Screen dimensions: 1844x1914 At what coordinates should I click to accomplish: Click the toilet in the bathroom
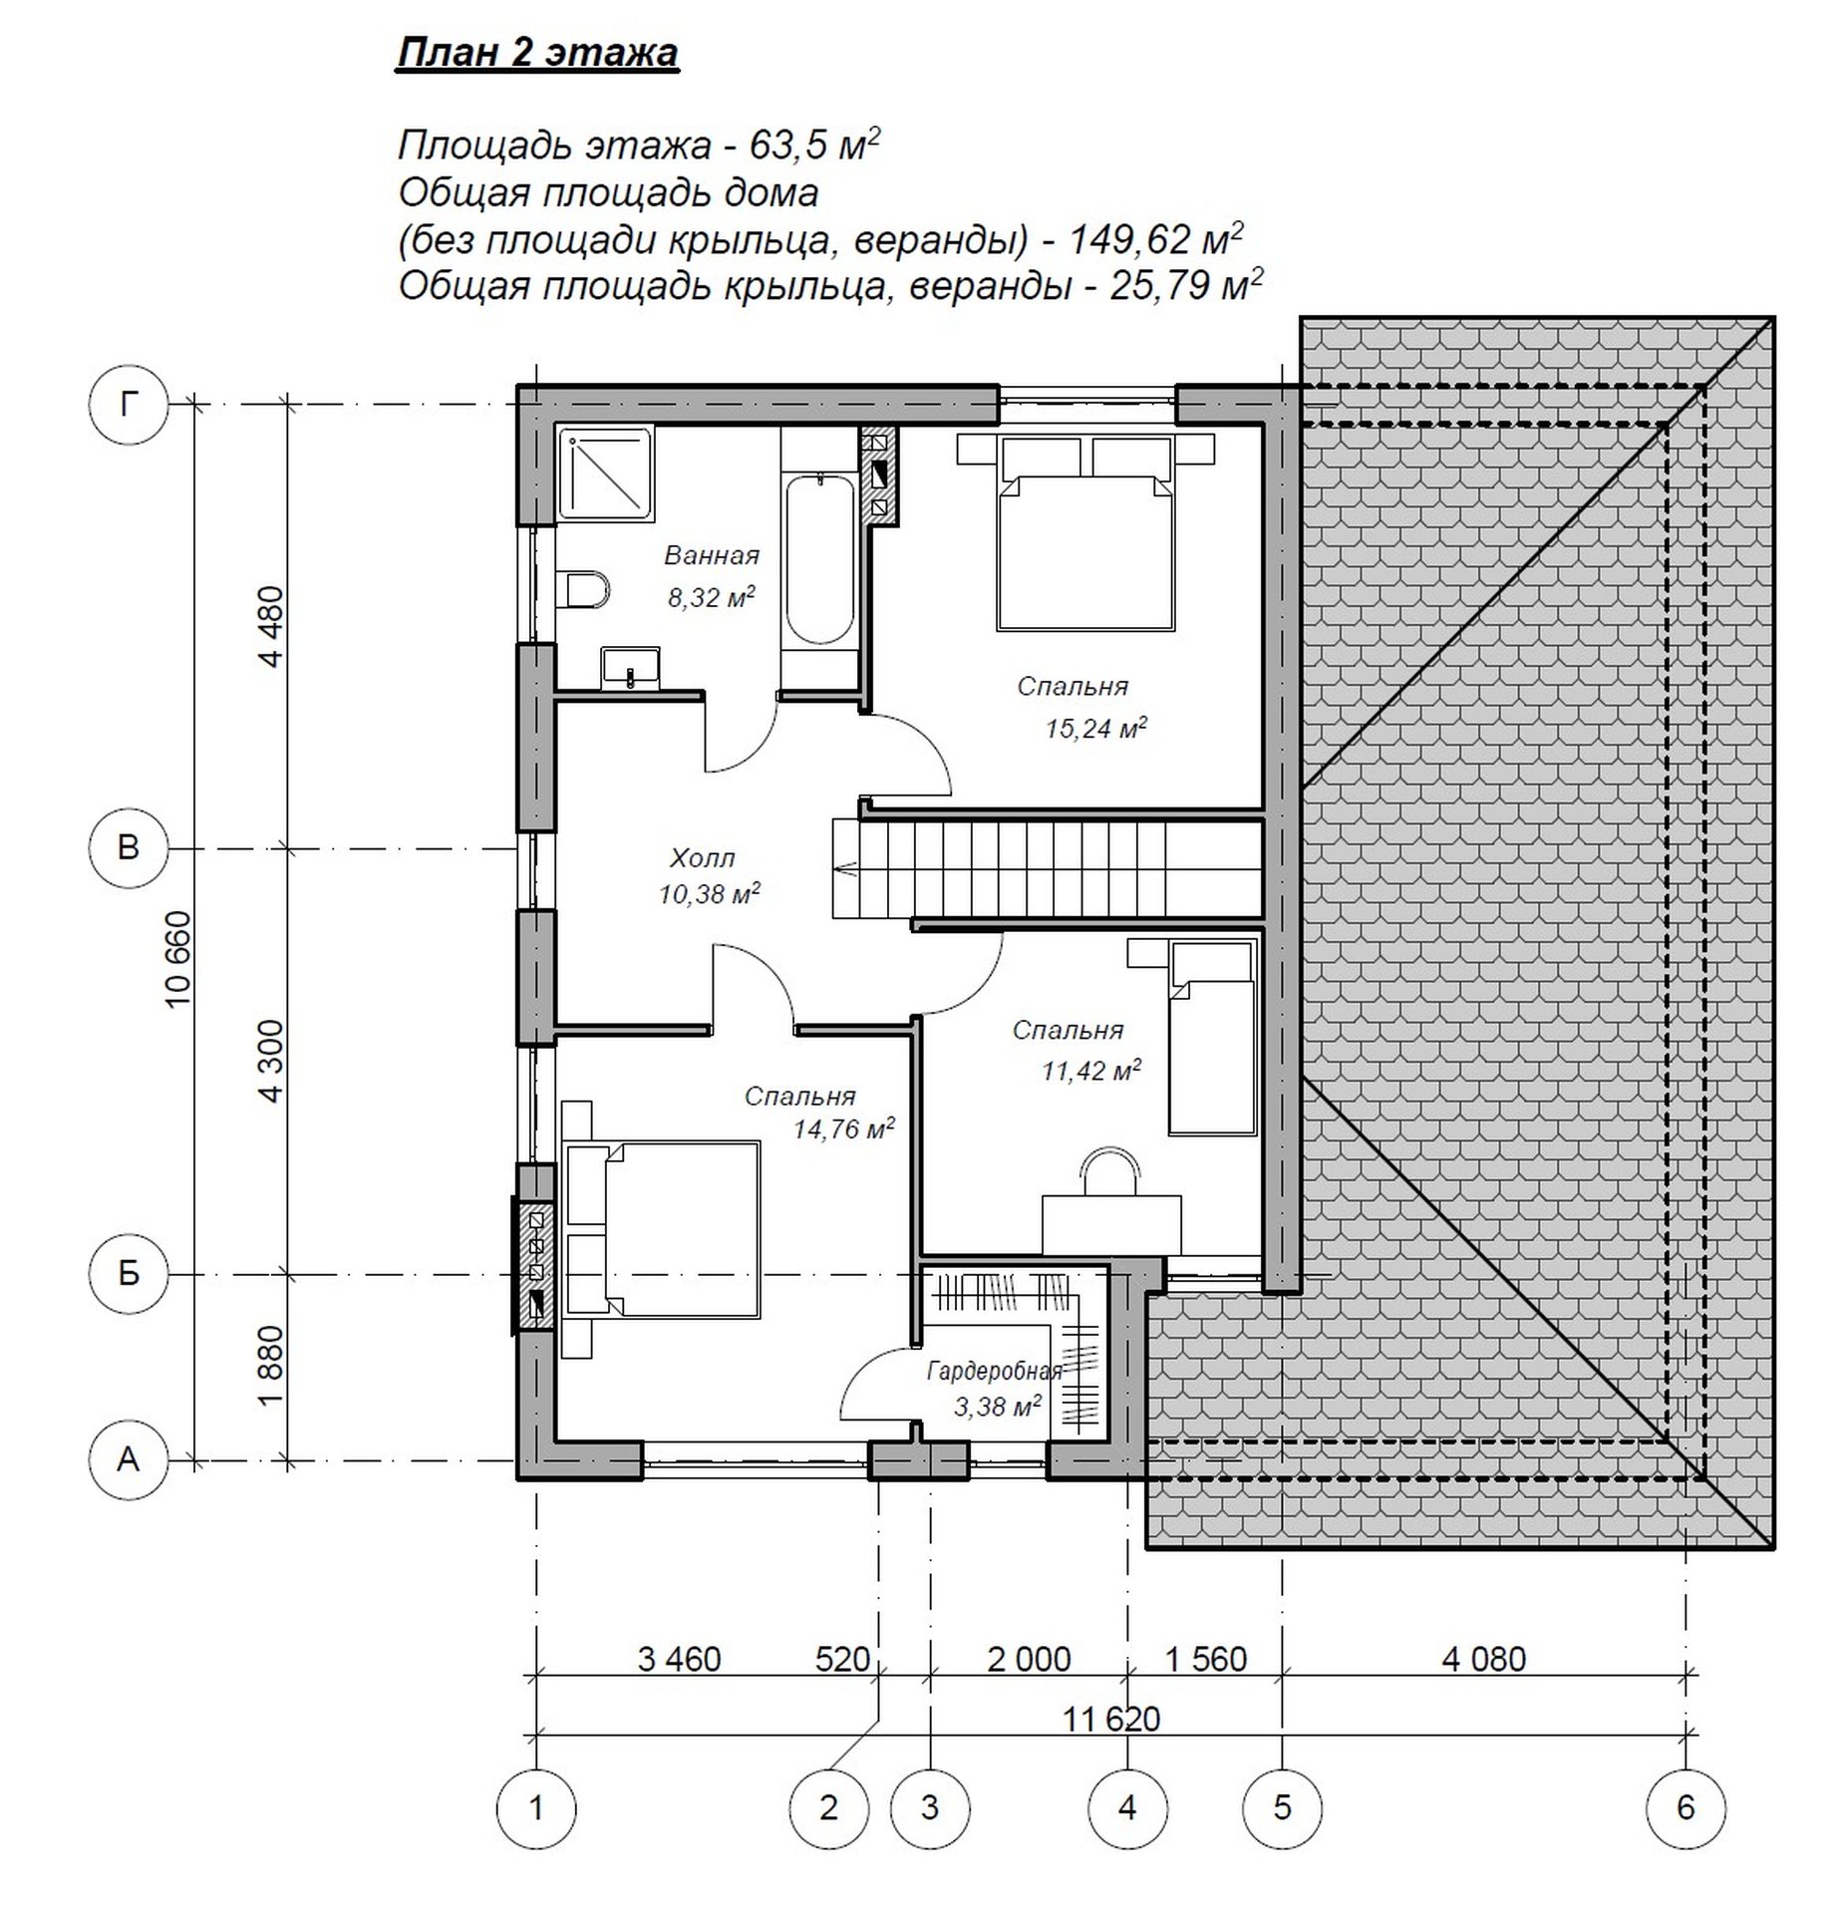click(587, 590)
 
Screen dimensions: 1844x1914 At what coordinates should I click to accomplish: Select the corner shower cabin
click(605, 476)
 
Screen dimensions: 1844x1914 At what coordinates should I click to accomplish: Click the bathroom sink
click(630, 666)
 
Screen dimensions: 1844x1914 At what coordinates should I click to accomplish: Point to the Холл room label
click(703, 857)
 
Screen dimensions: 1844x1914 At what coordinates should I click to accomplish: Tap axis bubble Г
click(128, 404)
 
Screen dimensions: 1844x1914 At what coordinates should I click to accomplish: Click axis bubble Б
click(128, 1274)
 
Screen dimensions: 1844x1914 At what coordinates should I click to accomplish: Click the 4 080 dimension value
click(1484, 1659)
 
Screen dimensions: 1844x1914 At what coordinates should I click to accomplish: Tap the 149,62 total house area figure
click(1129, 239)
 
